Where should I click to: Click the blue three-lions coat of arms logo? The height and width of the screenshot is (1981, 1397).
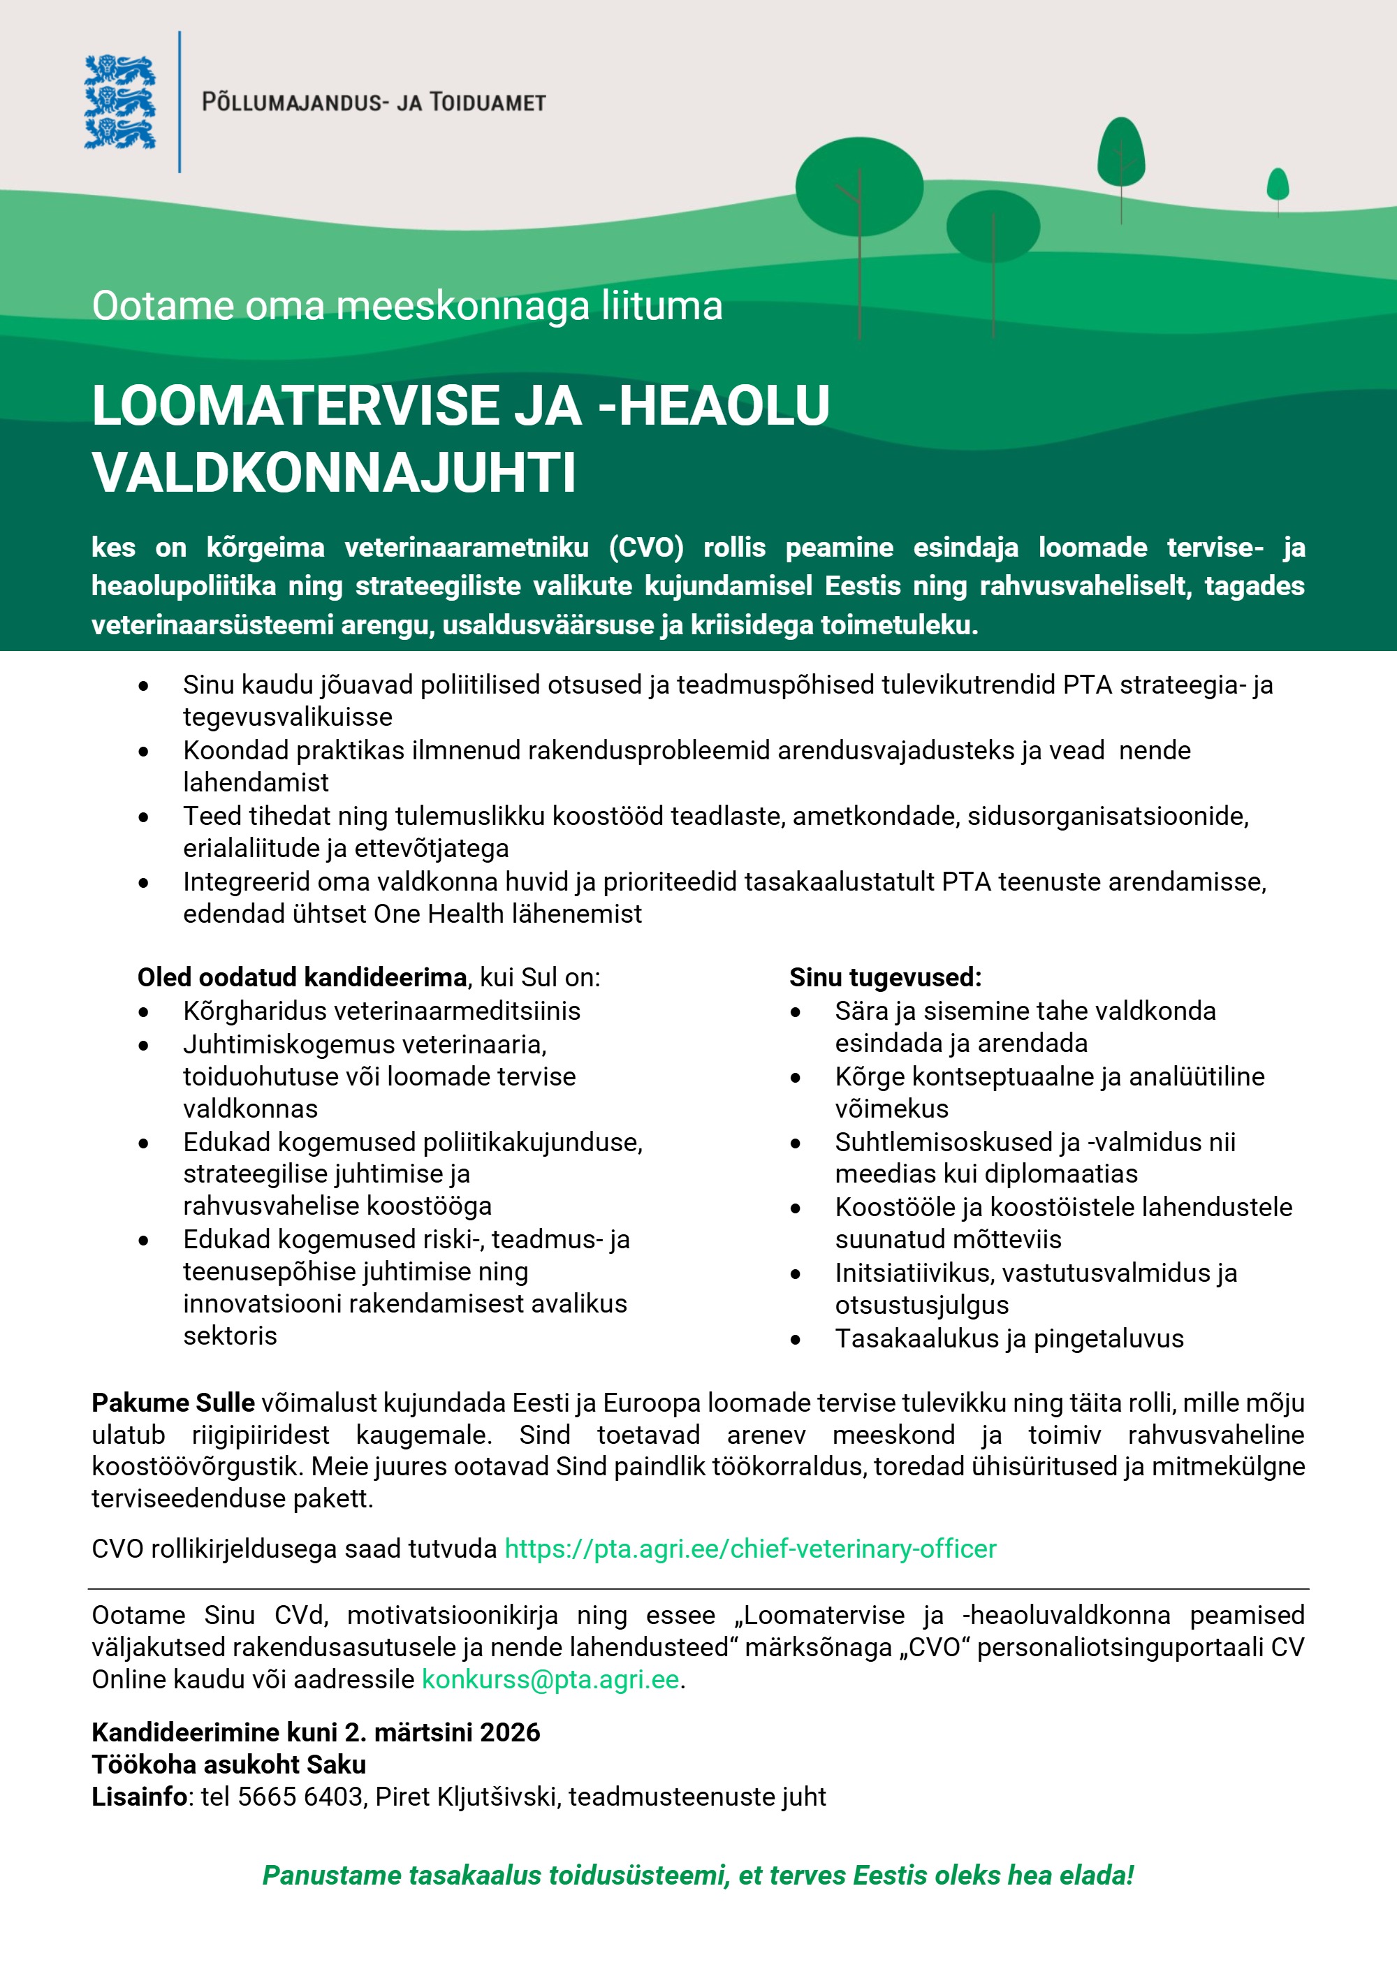pyautogui.click(x=120, y=102)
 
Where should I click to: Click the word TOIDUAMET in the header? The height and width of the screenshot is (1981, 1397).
pyautogui.click(x=488, y=103)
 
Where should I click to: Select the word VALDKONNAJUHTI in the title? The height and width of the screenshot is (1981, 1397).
pyautogui.click(x=334, y=473)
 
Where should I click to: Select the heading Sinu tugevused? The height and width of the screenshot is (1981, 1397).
pyautogui.click(x=884, y=977)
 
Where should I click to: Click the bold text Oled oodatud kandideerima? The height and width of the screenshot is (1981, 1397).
pyautogui.click(x=302, y=977)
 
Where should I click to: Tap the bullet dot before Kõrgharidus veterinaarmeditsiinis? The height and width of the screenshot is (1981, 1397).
pyautogui.click(x=144, y=1012)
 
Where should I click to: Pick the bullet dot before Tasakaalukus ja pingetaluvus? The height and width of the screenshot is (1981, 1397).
pyautogui.click(x=796, y=1340)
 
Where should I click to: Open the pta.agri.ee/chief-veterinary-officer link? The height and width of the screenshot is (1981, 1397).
pyautogui.click(x=750, y=1549)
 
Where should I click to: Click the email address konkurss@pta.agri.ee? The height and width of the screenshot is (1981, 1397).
pyautogui.click(x=550, y=1680)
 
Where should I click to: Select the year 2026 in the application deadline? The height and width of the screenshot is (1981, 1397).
pyautogui.click(x=510, y=1732)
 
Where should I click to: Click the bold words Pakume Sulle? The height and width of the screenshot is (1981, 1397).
pyautogui.click(x=173, y=1403)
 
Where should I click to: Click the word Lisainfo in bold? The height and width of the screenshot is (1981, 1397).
pyautogui.click(x=140, y=1797)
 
